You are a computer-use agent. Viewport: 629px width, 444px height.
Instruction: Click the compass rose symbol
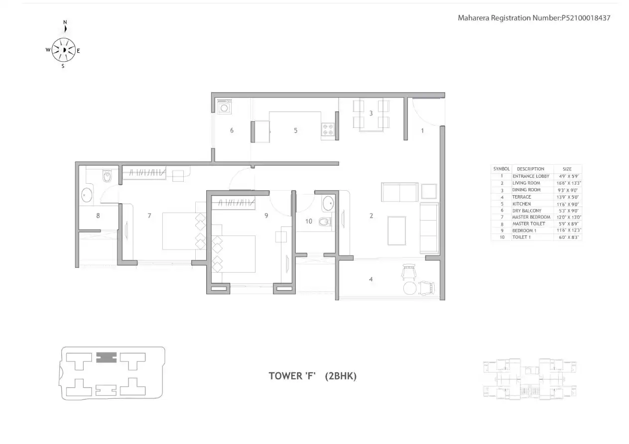tap(64, 50)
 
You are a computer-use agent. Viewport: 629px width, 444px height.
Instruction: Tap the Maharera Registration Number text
tap(534, 18)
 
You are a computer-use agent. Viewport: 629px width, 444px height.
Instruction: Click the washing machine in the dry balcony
tap(225, 107)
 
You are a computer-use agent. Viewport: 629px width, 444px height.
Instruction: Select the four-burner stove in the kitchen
tap(328, 130)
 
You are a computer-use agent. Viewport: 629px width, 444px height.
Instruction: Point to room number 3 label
tap(371, 113)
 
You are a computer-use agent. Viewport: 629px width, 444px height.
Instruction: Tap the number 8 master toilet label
tap(98, 216)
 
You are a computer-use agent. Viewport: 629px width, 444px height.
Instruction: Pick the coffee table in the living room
tap(396, 230)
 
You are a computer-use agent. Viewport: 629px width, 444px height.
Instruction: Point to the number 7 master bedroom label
tap(149, 216)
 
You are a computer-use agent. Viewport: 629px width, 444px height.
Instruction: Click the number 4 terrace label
tap(371, 279)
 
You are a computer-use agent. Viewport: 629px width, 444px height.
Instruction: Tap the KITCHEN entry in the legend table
tap(521, 204)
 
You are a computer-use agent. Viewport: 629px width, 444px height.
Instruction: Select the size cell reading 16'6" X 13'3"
tap(567, 183)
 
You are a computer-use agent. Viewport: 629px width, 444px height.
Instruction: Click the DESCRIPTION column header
tap(530, 169)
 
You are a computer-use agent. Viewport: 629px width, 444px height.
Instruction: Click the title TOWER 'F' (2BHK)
tap(312, 376)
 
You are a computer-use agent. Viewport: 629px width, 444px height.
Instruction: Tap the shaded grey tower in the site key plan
tap(106, 356)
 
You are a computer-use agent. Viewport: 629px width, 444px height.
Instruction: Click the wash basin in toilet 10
tap(328, 203)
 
